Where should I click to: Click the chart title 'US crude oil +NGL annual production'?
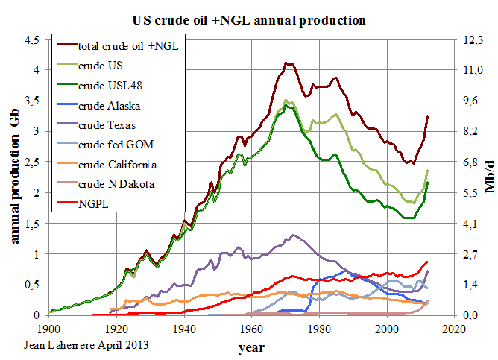[x=249, y=20]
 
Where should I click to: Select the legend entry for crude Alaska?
[x=98, y=105]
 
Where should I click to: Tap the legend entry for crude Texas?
[x=96, y=125]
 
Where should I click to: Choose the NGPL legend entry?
[x=83, y=203]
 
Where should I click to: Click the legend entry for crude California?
[x=107, y=165]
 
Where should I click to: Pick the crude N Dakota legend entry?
[x=106, y=184]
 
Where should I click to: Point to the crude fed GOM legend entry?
[x=105, y=145]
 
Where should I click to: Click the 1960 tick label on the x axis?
[x=251, y=329]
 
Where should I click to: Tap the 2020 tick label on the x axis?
[x=455, y=329]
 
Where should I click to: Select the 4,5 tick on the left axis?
[x=32, y=40]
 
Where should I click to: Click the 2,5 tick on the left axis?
[x=32, y=162]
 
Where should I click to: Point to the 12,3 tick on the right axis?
[x=473, y=40]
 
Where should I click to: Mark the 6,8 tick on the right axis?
[x=470, y=162]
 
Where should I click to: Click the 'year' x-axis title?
[x=251, y=348]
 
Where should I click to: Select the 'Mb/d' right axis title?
[x=490, y=177]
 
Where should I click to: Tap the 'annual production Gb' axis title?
[x=14, y=177]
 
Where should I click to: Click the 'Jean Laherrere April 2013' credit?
[x=86, y=345]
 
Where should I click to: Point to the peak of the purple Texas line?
[x=293, y=236]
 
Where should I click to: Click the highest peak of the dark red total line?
[x=286, y=63]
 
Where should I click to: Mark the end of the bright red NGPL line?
[x=428, y=262]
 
